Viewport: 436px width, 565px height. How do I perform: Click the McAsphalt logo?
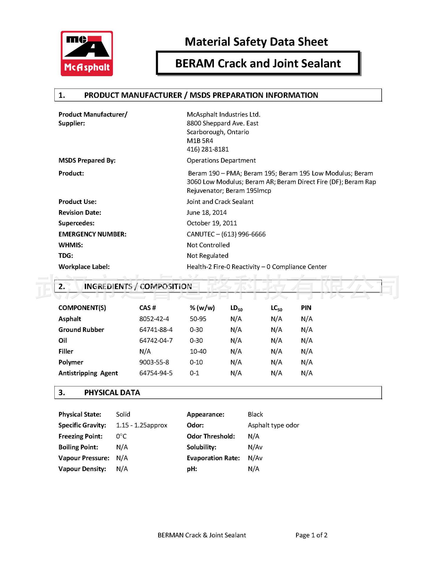(87, 54)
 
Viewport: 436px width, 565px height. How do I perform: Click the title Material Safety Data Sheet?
(256, 42)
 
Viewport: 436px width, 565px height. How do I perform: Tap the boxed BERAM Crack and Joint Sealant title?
(258, 64)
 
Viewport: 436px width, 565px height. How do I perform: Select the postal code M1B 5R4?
(200, 141)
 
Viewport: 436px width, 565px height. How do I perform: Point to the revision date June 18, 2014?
(207, 212)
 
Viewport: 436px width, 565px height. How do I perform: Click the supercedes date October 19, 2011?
(212, 223)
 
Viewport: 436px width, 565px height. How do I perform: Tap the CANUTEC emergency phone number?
(226, 234)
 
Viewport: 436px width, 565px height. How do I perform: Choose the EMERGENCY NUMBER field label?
(92, 234)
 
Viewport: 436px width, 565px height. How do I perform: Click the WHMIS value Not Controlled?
(208, 245)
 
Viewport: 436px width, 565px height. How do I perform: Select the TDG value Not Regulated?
(207, 255)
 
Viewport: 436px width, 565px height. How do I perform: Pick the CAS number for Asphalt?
(154, 319)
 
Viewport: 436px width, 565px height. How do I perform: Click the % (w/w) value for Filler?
(198, 351)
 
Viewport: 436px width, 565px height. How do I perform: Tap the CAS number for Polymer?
(154, 362)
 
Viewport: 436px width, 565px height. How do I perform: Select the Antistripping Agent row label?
(88, 373)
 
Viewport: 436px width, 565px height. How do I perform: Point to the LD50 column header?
(236, 308)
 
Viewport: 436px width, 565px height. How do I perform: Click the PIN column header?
(306, 308)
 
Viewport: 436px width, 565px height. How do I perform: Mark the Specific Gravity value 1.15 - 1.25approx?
(141, 425)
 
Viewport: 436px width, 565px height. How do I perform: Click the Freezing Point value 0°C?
(121, 436)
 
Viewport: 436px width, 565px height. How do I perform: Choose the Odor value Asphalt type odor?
(273, 425)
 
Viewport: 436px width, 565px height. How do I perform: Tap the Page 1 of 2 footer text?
(311, 535)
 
